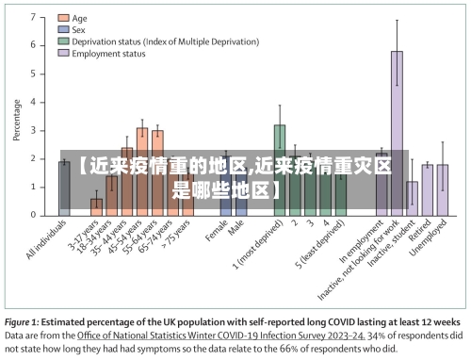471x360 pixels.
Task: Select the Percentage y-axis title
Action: pos(16,121)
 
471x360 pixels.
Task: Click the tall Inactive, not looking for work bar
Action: pos(397,132)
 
